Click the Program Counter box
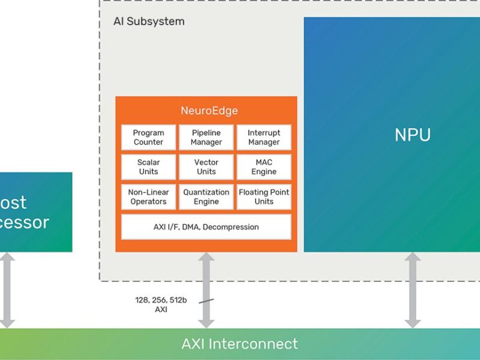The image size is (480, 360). point(148,137)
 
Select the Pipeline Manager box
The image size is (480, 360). point(206,137)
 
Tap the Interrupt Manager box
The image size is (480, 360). point(264,137)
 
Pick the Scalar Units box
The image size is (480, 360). point(148,167)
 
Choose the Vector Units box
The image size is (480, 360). point(206,167)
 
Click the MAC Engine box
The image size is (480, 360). point(264,167)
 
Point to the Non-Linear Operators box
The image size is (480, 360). point(148,197)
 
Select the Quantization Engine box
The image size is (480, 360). point(206,197)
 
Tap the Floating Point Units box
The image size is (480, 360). point(264,197)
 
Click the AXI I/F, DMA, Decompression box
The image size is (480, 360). point(206,227)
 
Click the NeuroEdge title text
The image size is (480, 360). point(209,111)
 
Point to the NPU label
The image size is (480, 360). point(413,135)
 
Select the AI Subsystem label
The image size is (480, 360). point(149,22)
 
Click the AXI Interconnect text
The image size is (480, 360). point(239,344)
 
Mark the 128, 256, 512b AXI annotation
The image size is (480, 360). point(160,305)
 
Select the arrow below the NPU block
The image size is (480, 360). point(412,290)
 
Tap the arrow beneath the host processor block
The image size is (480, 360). point(7,290)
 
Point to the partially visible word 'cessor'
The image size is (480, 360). point(24,223)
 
